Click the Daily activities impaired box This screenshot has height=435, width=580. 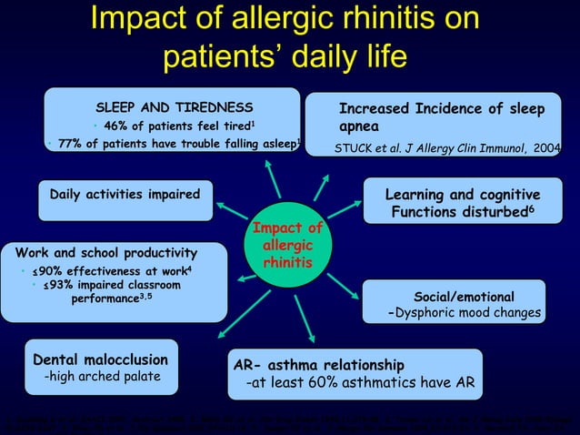[125, 195]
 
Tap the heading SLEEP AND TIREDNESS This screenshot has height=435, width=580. [175, 107]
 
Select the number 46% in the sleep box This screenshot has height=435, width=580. [116, 126]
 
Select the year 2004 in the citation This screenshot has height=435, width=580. [547, 147]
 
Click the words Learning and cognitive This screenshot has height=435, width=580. [462, 196]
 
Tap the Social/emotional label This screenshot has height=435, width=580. [464, 298]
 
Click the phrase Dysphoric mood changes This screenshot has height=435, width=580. [468, 314]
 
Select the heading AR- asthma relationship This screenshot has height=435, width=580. [318, 365]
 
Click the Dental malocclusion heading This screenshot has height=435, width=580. [100, 359]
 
